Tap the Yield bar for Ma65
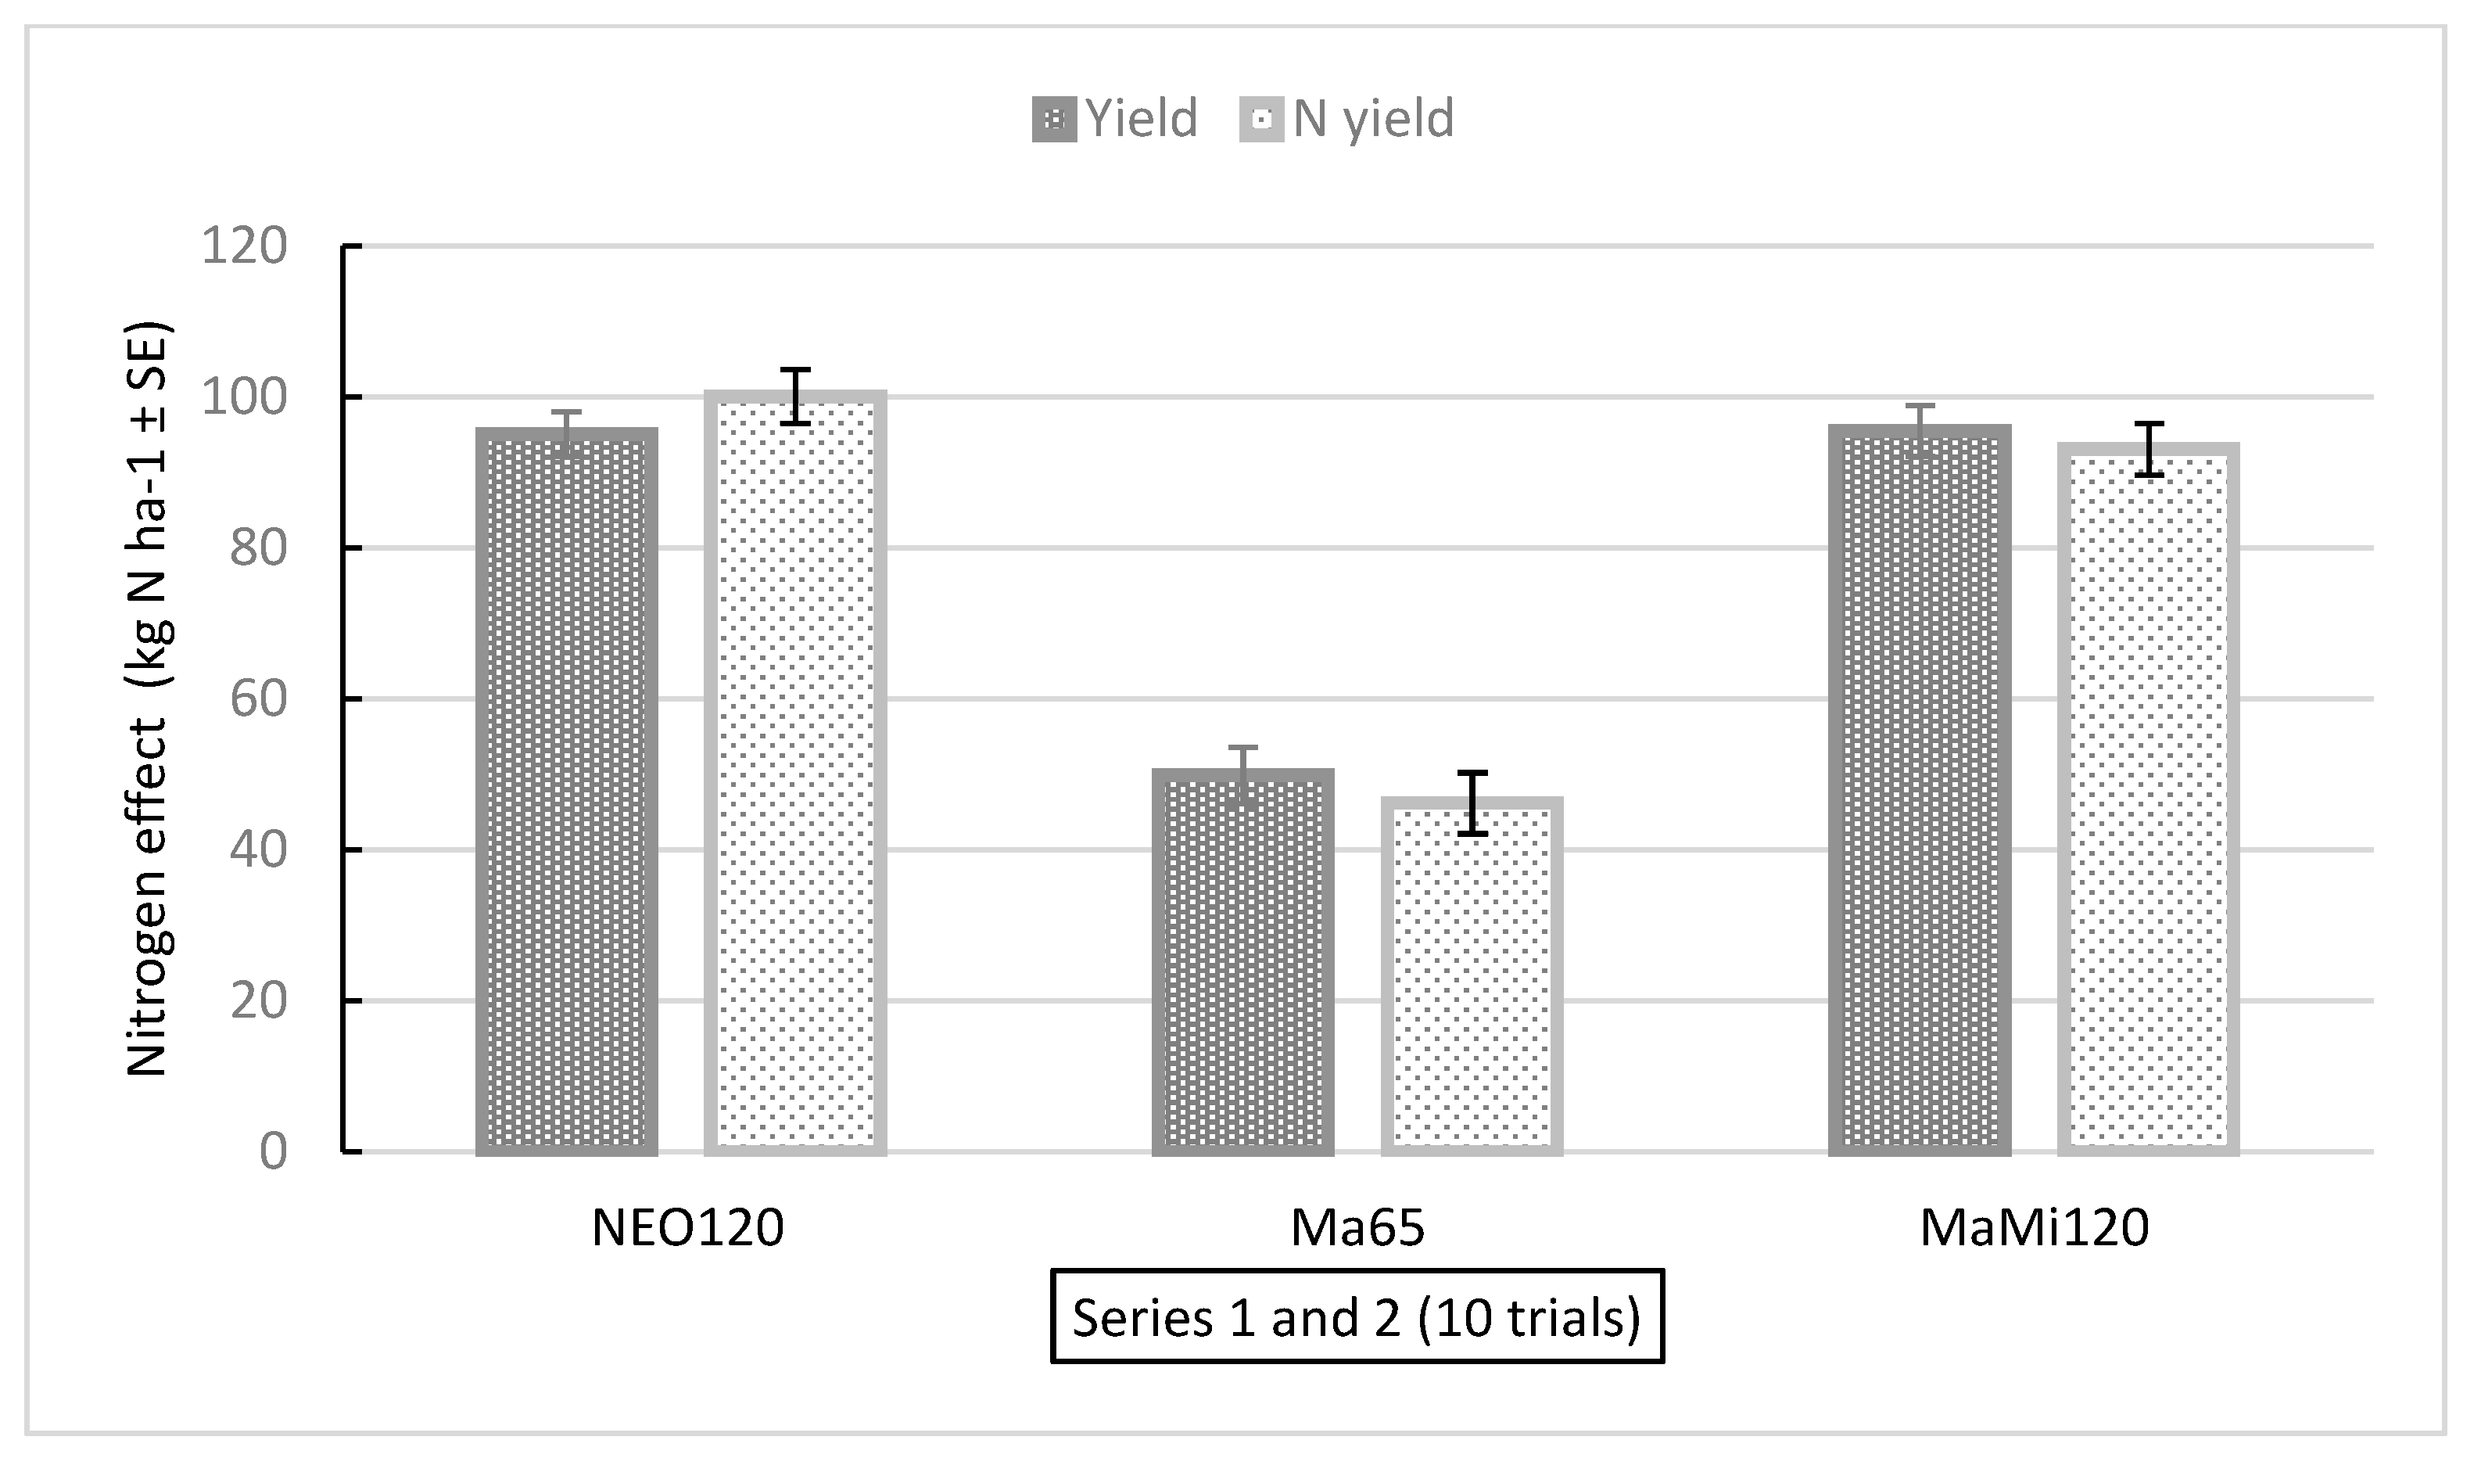(1242, 962)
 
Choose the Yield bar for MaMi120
(1919, 790)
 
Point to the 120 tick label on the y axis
(244, 246)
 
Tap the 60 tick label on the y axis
(257, 698)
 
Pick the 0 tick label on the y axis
(272, 1151)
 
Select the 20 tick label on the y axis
(257, 1000)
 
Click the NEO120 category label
(687, 1228)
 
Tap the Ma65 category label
(1357, 1228)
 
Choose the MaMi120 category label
(2034, 1228)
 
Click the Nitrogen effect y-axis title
(149, 699)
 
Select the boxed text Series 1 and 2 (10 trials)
(1357, 1317)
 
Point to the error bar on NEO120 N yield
(794, 396)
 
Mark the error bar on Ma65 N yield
(1472, 803)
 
